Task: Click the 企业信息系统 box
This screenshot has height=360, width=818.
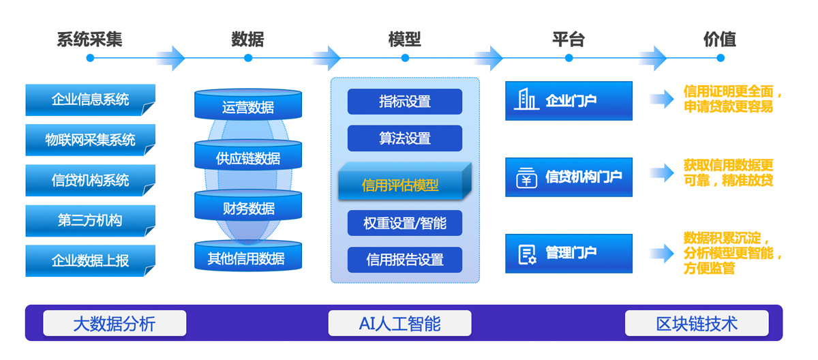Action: (90, 100)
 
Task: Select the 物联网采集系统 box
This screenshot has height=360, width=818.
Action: (90, 140)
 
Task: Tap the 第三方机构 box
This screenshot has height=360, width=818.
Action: (90, 220)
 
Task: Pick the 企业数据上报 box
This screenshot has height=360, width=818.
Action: (90, 260)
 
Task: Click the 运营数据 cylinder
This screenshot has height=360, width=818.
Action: (248, 104)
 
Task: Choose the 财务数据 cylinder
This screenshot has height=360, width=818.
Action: (248, 205)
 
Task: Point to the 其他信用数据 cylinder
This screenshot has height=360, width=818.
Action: (248, 256)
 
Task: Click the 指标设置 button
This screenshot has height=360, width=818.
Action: (405, 102)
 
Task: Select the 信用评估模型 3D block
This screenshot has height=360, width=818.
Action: (405, 181)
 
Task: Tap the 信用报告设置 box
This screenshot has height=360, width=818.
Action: (405, 260)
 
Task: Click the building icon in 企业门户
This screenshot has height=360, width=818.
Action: (526, 99)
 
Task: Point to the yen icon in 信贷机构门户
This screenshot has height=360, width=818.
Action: (526, 177)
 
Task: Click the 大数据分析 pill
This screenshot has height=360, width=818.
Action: (115, 323)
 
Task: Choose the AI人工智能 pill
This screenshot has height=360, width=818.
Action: (399, 323)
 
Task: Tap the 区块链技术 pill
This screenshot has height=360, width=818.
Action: (697, 323)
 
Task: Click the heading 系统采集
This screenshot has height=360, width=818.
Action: (89, 40)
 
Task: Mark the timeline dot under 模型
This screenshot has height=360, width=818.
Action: (405, 58)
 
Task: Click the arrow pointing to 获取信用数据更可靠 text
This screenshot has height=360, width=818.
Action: (662, 172)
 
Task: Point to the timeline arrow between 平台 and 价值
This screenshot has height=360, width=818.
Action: (652, 58)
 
